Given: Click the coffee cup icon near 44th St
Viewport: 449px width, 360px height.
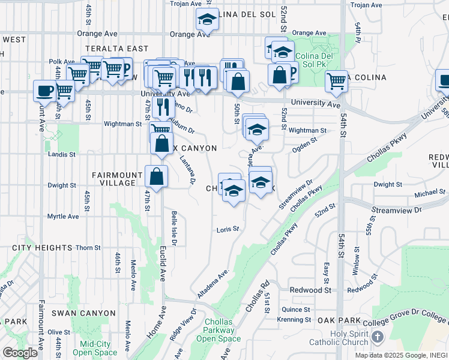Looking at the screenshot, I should (44, 91).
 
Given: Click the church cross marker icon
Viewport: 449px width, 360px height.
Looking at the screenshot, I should (377, 337).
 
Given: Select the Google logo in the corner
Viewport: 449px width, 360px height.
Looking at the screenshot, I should (20, 353).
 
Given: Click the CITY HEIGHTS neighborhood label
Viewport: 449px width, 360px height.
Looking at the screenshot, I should (37, 247).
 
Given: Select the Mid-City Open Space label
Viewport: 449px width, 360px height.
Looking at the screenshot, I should (95, 349).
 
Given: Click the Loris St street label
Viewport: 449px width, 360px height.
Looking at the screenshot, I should (228, 229).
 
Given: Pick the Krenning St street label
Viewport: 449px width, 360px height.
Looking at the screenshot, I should (294, 320).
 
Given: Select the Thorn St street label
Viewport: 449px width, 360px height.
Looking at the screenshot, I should (88, 247).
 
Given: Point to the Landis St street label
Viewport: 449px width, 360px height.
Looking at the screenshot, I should (62, 154).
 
